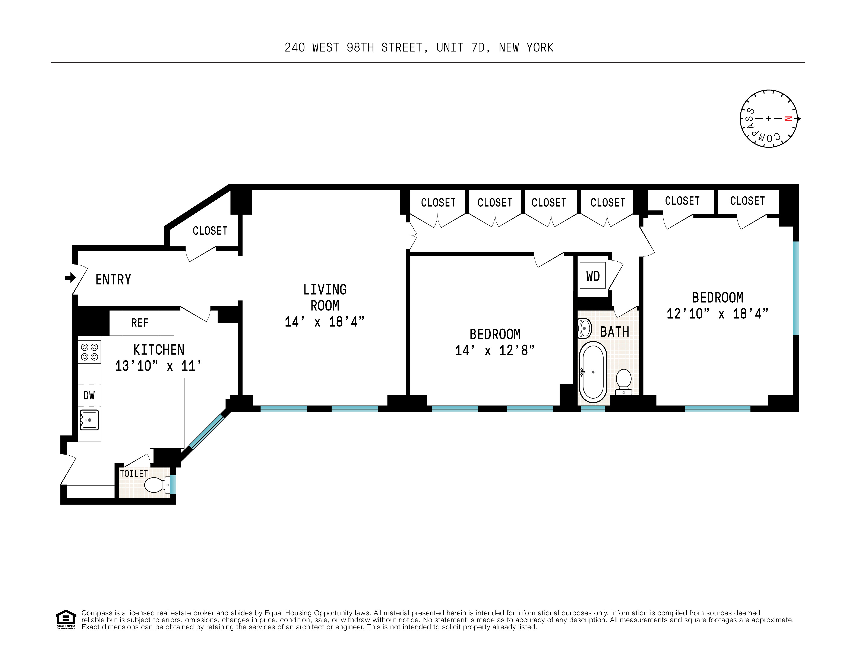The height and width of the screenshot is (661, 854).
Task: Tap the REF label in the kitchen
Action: [x=140, y=323]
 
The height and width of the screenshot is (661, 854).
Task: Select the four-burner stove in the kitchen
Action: [x=89, y=352]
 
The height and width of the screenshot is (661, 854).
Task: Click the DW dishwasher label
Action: [x=89, y=395]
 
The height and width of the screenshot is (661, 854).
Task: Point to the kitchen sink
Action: [x=89, y=420]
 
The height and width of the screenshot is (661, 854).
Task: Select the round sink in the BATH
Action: [x=584, y=328]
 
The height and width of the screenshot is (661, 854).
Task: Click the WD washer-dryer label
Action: [x=593, y=276]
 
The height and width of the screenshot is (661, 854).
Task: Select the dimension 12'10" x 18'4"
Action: [x=717, y=314]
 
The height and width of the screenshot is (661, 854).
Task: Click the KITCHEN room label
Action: [x=159, y=349]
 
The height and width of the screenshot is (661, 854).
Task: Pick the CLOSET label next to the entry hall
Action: [x=210, y=231]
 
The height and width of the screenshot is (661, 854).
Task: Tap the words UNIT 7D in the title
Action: [x=461, y=48]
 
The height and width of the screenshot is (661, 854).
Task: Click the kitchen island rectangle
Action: [x=167, y=413]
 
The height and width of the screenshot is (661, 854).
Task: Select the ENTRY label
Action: [x=113, y=280]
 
